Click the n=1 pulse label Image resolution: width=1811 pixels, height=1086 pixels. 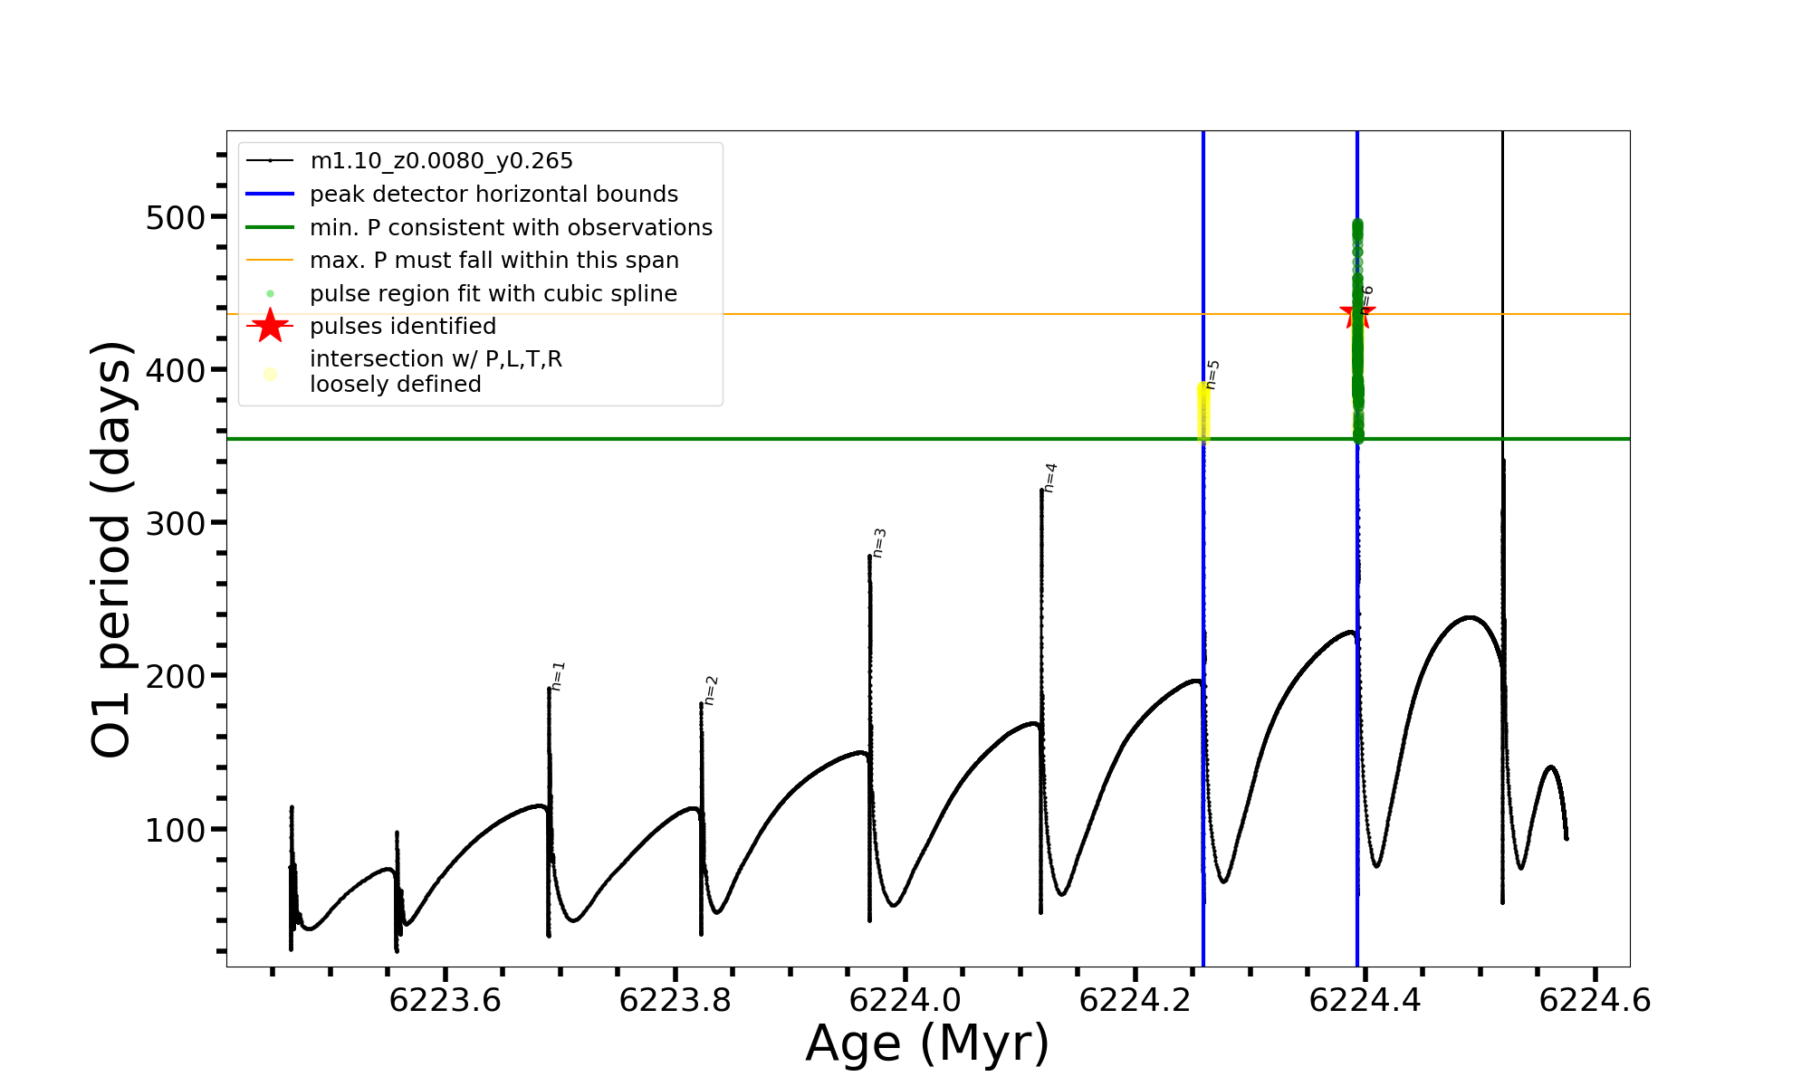559,676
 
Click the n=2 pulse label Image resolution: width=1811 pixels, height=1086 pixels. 712,690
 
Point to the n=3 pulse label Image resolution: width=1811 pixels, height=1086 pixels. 879,543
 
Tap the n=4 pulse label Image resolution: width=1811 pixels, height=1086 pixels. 1050,477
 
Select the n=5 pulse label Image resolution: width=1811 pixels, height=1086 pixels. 1213,375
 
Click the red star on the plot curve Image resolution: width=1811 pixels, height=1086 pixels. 1356,314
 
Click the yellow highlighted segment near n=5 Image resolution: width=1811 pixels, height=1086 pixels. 1203,412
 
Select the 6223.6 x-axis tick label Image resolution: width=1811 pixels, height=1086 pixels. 445,1000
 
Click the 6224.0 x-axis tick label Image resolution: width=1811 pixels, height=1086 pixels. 905,1000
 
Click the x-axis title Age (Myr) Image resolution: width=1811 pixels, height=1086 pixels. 927,1043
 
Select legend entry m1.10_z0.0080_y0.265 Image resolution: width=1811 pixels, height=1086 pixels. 441,161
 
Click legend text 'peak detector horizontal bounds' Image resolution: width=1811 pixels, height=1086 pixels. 493,195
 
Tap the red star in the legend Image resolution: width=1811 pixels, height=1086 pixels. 270,326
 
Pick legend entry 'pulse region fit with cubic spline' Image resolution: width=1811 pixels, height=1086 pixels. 493,294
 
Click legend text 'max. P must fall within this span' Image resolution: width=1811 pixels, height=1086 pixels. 493,261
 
